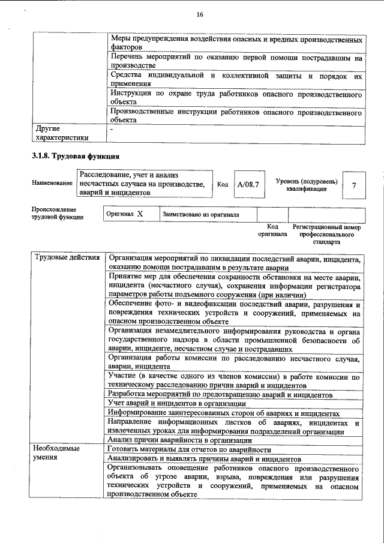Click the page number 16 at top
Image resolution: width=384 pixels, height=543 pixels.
pyautogui.click(x=199, y=14)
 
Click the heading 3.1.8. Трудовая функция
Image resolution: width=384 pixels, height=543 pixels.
pyautogui.click(x=76, y=156)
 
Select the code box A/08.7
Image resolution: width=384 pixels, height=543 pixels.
pyautogui.click(x=248, y=185)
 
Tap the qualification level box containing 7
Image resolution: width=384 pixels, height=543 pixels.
pyautogui.click(x=353, y=185)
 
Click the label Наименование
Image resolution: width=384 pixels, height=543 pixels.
pyautogui.click(x=52, y=182)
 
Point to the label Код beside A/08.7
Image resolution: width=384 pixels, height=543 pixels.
pyautogui.click(x=223, y=185)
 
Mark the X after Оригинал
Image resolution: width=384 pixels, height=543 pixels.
pyautogui.click(x=140, y=214)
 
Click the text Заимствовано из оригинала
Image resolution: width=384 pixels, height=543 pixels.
pyautogui.click(x=200, y=214)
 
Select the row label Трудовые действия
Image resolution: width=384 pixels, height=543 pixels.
pyautogui.click(x=67, y=258)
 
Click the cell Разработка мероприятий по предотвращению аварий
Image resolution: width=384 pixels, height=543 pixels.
pyautogui.click(x=220, y=395)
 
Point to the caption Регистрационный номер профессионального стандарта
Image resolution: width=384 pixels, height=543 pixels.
pyautogui.click(x=326, y=235)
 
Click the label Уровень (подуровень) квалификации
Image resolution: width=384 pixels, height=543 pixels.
pyautogui.click(x=306, y=185)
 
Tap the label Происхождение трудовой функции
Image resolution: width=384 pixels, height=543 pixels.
pyautogui.click(x=58, y=213)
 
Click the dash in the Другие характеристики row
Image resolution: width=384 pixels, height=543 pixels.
pyautogui.click(x=112, y=128)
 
